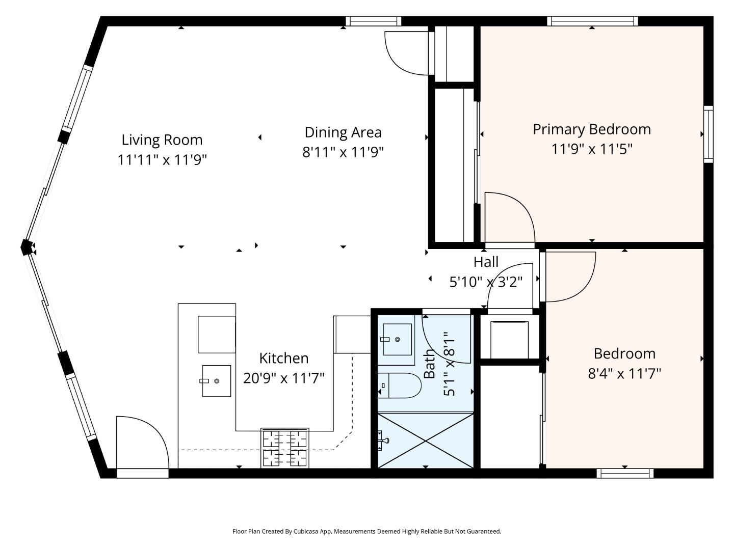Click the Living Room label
click(162, 140)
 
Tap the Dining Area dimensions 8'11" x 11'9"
click(343, 152)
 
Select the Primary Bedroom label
click(591, 129)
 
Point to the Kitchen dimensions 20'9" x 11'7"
click(283, 378)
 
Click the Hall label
click(486, 262)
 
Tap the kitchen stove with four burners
click(285, 448)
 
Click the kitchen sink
click(216, 381)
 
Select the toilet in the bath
click(399, 385)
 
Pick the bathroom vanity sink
click(397, 340)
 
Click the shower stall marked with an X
click(426, 439)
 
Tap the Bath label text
click(430, 363)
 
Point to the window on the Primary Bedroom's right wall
click(708, 134)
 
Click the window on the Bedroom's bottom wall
click(624, 473)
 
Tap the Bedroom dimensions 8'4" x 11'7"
click(624, 374)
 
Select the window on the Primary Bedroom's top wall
click(592, 21)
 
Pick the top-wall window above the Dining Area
click(373, 21)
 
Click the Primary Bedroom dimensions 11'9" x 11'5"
click(591, 149)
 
